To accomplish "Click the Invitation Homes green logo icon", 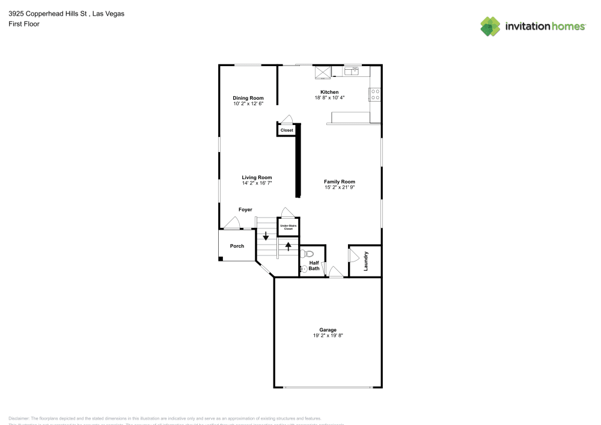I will pyautogui.click(x=490, y=26).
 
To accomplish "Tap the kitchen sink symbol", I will pyautogui.click(x=351, y=71).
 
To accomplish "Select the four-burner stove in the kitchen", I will pyautogui.click(x=375, y=94).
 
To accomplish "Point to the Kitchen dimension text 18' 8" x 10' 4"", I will pyautogui.click(x=329, y=97).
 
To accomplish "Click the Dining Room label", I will pyautogui.click(x=248, y=98).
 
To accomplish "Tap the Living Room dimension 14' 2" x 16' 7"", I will pyautogui.click(x=257, y=183).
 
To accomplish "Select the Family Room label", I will pyautogui.click(x=340, y=182).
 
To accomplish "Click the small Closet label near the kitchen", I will pyautogui.click(x=287, y=130).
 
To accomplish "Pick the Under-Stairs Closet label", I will pyautogui.click(x=288, y=228).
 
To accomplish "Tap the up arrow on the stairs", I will pyautogui.click(x=288, y=245).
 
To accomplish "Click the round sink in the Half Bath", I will pyautogui.click(x=304, y=270).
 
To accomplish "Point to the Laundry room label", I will pyautogui.click(x=365, y=261).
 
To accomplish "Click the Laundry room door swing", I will pyautogui.click(x=353, y=255).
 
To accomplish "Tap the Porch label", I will pyautogui.click(x=237, y=246).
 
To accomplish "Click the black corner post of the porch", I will pyautogui.click(x=221, y=258).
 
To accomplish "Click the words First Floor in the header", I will pyautogui.click(x=24, y=24).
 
